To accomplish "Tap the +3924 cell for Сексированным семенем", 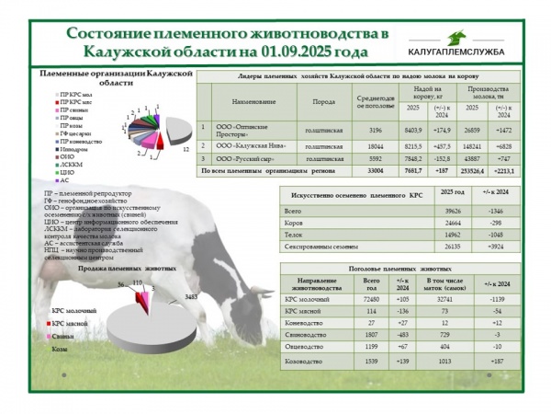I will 500,247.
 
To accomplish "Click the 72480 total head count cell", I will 370,301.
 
